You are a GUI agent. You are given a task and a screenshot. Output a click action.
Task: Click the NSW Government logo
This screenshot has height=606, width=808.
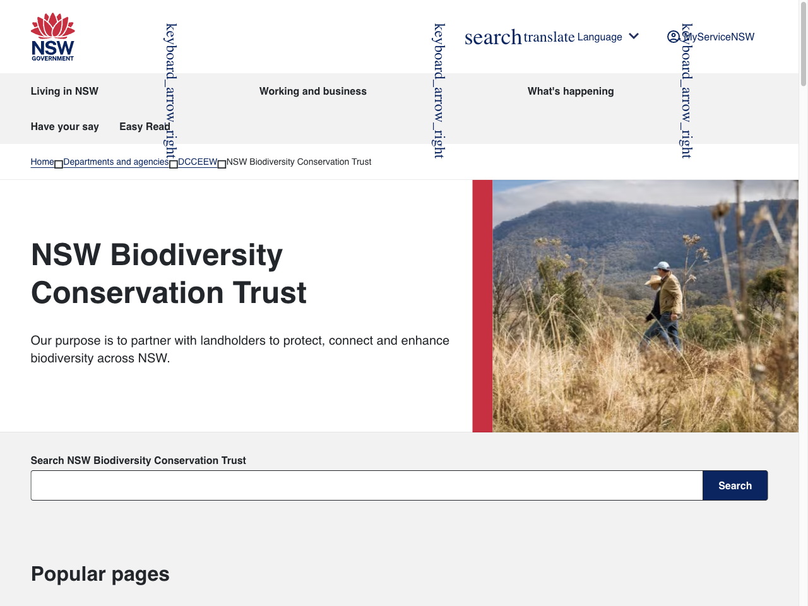(53, 37)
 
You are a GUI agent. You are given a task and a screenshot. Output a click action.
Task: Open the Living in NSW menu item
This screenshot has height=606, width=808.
(64, 91)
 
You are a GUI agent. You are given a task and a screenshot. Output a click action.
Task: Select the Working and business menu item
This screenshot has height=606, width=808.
(312, 91)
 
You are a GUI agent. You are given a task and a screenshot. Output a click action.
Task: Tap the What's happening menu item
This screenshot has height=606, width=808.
(570, 91)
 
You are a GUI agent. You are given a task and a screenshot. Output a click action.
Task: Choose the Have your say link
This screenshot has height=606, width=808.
(64, 126)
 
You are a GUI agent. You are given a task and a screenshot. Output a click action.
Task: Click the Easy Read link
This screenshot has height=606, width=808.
(144, 126)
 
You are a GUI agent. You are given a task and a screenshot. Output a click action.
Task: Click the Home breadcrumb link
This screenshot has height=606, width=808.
(42, 162)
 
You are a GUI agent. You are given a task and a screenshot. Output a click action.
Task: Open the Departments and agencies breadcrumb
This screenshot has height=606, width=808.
(116, 162)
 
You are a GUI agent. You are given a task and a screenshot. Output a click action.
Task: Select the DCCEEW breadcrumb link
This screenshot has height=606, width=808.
(197, 162)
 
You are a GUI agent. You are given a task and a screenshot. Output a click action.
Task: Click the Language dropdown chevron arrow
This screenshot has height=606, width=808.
(634, 36)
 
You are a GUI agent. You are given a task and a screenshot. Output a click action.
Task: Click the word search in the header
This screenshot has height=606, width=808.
(493, 37)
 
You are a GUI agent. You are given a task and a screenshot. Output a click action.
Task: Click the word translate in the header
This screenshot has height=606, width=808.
(549, 37)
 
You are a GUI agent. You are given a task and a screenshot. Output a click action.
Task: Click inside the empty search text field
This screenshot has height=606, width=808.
(366, 485)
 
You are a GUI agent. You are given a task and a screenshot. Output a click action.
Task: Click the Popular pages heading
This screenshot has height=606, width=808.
(100, 574)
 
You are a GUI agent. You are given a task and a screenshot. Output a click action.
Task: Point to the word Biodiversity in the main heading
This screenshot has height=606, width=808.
(196, 255)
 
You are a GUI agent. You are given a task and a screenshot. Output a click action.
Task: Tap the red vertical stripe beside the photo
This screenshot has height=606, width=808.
(482, 306)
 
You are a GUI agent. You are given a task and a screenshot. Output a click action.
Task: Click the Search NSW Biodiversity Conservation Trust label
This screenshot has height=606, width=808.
(138, 460)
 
